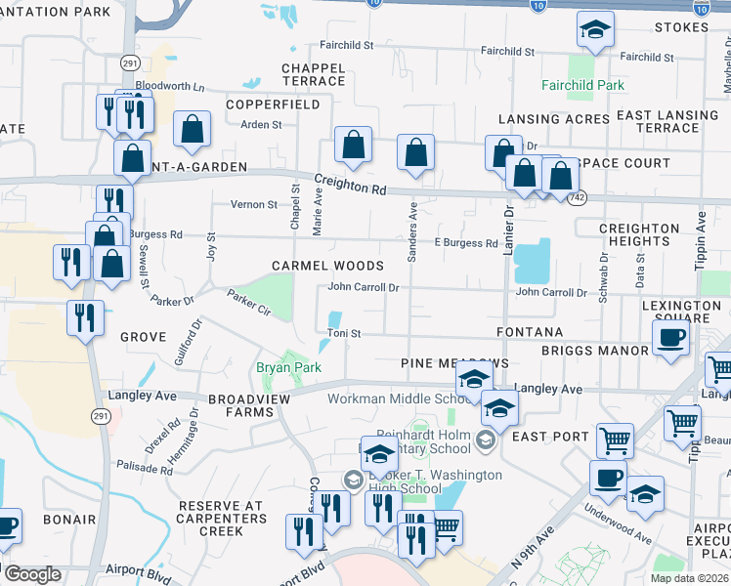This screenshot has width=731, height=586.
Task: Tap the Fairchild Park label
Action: [x=582, y=85]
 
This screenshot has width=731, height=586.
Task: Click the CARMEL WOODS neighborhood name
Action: [x=327, y=266]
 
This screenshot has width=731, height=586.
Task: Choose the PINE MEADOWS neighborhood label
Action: [x=454, y=362]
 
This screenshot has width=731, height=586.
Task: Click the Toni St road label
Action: [x=344, y=334]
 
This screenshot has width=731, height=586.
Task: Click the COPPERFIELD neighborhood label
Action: [x=273, y=104]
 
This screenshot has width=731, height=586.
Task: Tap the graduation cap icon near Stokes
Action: [x=594, y=30]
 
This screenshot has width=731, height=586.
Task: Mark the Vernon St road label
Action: [x=254, y=204]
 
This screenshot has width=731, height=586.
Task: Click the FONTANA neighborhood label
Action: [x=530, y=332]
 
